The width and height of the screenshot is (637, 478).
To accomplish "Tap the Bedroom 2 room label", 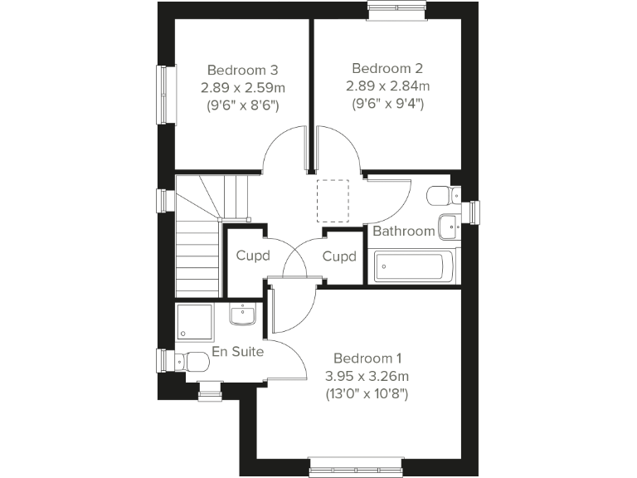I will pos(382,68).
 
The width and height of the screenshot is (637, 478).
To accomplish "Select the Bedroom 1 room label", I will pos(367,358).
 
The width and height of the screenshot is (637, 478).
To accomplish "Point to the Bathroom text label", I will pos(403,231).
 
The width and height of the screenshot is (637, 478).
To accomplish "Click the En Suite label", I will pos(237,352).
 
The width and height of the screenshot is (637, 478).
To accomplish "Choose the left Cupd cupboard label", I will pos(253,256).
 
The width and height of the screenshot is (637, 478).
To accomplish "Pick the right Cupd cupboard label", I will pos(339,256).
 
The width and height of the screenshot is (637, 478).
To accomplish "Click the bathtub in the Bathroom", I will pos(413,266).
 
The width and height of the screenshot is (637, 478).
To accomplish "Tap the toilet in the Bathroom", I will pos(440,197).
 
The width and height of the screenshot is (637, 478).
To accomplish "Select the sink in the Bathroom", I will pos(449,223).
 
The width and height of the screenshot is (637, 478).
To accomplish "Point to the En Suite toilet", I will pos(192,362).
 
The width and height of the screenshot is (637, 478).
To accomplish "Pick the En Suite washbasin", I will pos(243,315).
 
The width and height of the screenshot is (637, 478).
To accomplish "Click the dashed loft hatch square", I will pos(334,201).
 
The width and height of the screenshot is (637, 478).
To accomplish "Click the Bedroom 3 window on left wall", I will pos(167,95).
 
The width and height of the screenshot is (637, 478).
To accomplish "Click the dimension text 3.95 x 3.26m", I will pos(367,376).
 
